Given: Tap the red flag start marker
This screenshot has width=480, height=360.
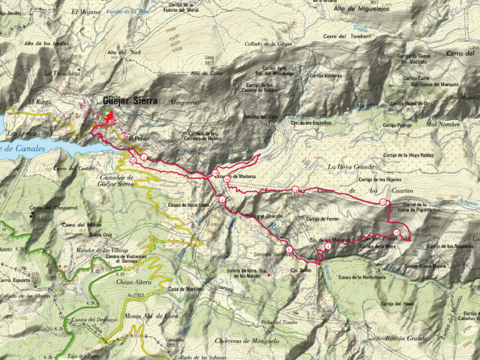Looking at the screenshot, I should (x=110, y=116).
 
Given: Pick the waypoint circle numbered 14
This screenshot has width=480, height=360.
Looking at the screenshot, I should (x=295, y=190).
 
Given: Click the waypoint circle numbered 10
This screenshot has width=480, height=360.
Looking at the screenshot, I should (x=227, y=178).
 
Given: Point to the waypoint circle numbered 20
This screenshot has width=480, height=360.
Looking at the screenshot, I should (x=133, y=160).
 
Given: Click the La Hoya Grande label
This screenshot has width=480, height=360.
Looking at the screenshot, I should (x=350, y=167).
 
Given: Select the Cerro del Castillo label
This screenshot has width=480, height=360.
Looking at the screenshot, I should (x=74, y=170).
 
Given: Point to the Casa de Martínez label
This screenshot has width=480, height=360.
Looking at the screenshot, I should (x=182, y=289).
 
